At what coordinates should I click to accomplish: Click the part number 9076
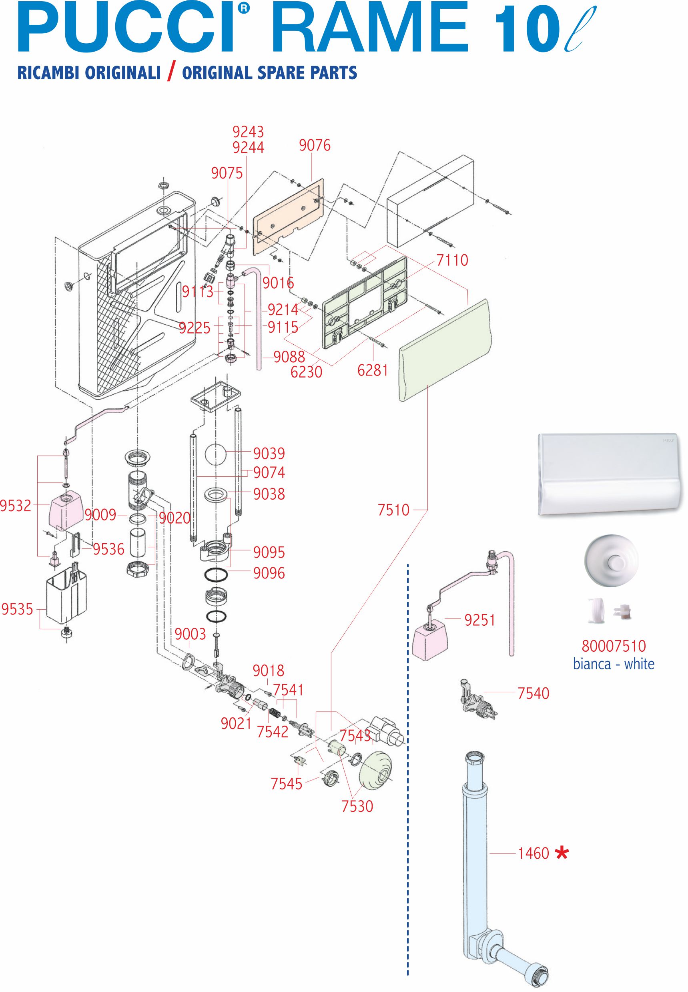coord(315,146)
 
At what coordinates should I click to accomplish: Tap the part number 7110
coord(452,260)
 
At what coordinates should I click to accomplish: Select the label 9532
coord(16,506)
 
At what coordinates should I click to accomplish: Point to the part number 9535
coord(17,609)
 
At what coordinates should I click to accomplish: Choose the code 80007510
coord(614,646)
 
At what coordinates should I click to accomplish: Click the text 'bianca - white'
coord(614,663)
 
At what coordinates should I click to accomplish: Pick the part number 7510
coord(393,510)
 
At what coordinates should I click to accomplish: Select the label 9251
coord(480,621)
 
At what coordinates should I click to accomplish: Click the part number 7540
coord(533,693)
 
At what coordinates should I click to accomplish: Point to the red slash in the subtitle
coord(171,73)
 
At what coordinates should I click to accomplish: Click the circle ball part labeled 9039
coord(216,454)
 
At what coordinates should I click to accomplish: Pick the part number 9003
coord(190,635)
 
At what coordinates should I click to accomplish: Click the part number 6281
coord(373,370)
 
